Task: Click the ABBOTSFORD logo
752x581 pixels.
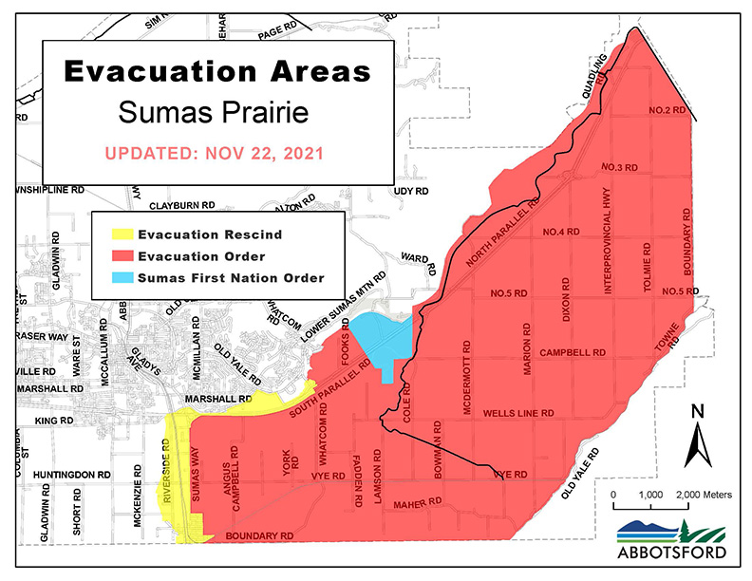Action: [x=671, y=539]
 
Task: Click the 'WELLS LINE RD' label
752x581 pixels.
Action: [x=517, y=414]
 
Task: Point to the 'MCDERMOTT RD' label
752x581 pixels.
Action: [x=465, y=374]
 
